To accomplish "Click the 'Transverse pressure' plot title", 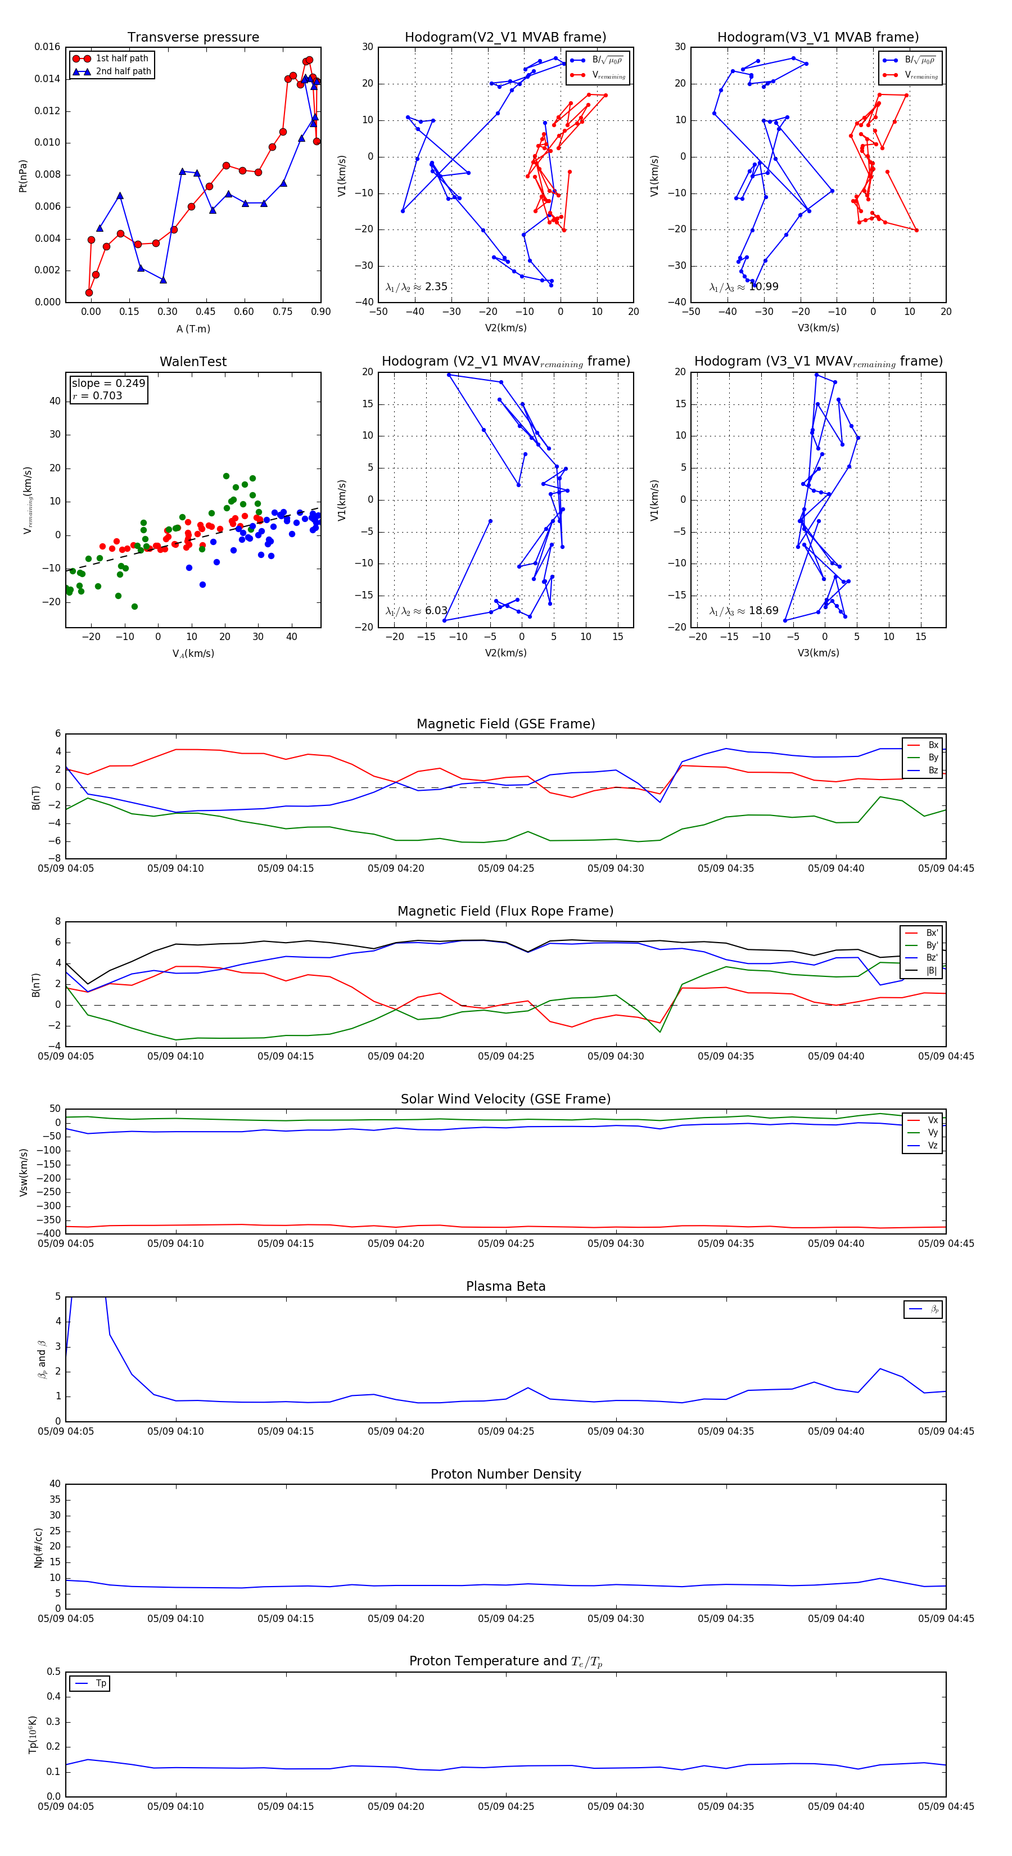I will (193, 38).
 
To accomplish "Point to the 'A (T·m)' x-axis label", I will (193, 329).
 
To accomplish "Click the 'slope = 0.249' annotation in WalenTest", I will (108, 384).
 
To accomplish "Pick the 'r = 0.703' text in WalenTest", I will (97, 395).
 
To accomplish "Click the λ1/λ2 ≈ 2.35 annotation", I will (416, 287).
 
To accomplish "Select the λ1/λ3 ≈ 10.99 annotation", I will (743, 287).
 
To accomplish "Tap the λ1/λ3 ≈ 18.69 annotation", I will (743, 611).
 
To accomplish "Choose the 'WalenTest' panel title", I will (193, 362).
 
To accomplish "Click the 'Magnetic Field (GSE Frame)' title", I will (505, 724).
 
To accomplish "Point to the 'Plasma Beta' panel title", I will (505, 1287).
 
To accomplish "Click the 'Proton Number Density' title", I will (505, 1474).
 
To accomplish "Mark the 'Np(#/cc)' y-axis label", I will (38, 1548).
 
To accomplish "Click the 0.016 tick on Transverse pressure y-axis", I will (48, 48).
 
